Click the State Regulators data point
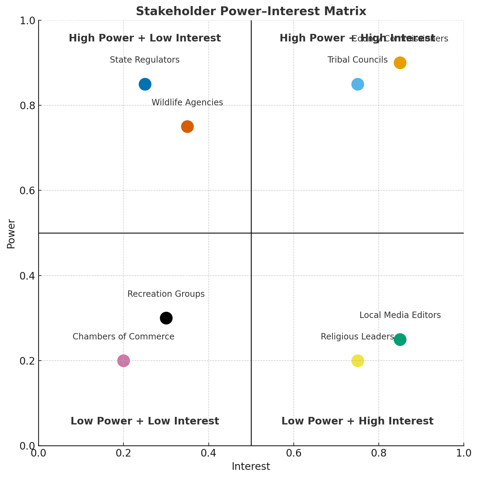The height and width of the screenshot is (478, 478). [145, 84]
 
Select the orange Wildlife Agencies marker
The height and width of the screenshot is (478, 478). [187, 126]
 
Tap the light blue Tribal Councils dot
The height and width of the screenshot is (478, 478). [358, 84]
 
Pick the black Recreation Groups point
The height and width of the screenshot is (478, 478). [166, 318]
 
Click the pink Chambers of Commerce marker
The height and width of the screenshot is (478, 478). [123, 361]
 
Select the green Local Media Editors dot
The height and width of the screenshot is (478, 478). [400, 339]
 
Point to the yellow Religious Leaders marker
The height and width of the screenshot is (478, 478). [358, 361]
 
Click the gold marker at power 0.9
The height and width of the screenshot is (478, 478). [400, 63]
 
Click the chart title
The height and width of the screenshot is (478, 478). [251, 11]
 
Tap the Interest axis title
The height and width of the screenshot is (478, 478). [251, 467]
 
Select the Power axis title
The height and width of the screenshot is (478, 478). [11, 234]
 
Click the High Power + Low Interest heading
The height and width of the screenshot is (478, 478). [145, 38]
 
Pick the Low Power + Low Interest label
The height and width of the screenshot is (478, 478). [145, 421]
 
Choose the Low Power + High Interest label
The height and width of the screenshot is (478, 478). [357, 421]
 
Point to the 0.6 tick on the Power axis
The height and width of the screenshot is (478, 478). [28, 191]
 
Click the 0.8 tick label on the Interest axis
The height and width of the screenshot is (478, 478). [378, 453]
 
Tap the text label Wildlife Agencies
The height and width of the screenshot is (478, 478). [187, 103]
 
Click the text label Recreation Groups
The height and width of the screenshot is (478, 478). [166, 294]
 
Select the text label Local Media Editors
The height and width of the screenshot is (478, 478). [400, 315]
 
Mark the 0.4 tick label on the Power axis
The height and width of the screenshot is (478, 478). [28, 276]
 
